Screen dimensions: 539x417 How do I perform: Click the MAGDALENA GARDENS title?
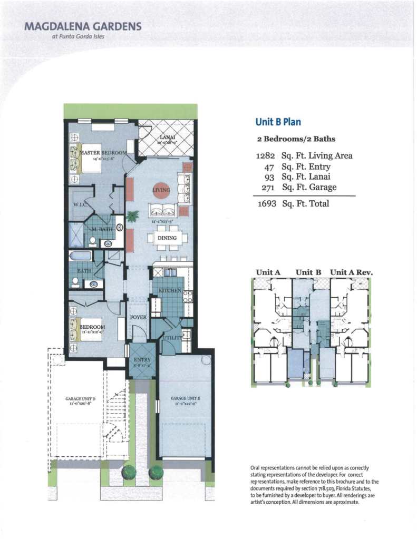(x=83, y=26)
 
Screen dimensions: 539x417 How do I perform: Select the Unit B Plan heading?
(x=278, y=122)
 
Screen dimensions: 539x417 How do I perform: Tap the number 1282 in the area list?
(x=266, y=155)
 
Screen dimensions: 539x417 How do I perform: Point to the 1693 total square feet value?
(x=267, y=203)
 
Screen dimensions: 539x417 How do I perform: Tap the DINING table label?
(x=167, y=238)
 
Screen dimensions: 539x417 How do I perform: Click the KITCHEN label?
(x=170, y=290)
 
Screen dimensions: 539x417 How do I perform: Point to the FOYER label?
(x=139, y=317)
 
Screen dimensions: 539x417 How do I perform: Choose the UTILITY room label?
(x=172, y=337)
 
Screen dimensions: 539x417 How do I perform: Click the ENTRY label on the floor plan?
(x=142, y=360)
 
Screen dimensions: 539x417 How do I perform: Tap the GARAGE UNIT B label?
(x=185, y=399)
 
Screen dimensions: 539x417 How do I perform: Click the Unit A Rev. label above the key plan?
(x=351, y=272)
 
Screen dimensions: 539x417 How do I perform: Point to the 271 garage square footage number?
(x=267, y=187)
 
